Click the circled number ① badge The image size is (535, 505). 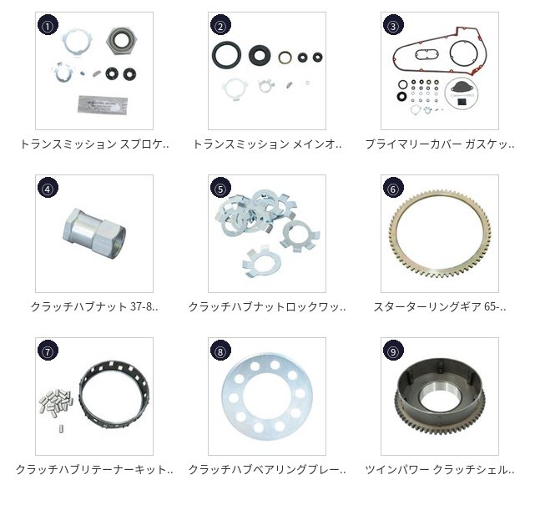click(x=48, y=25)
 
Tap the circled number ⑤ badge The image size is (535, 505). click(x=220, y=188)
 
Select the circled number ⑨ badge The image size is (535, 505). click(x=393, y=351)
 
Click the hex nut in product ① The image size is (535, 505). click(x=122, y=41)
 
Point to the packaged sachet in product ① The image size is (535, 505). click(x=103, y=104)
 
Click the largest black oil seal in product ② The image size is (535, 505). click(x=226, y=55)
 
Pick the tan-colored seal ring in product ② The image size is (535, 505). click(x=285, y=58)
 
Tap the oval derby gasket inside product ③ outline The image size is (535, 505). click(x=426, y=54)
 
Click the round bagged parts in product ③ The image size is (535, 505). click(x=460, y=93)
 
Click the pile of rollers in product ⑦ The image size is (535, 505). click(x=57, y=400)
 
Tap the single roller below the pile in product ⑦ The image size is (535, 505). click(x=62, y=428)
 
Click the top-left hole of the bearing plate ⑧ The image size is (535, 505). click(x=240, y=379)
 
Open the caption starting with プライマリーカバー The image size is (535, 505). click(x=440, y=144)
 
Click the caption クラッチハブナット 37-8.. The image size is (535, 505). click(x=94, y=306)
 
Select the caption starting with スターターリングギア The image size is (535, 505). click(x=440, y=306)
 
